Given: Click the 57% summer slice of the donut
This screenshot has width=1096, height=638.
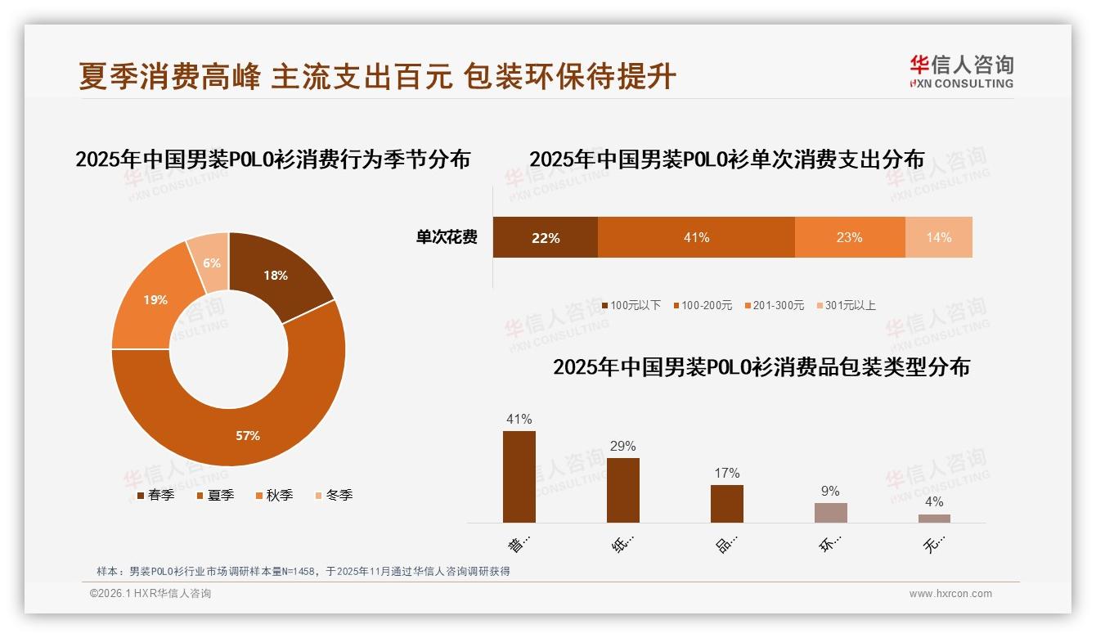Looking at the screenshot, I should point(245,425).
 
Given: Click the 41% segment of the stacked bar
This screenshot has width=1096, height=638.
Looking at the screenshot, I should point(696,237).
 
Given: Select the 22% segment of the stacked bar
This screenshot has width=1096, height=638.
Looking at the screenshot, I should point(545,237).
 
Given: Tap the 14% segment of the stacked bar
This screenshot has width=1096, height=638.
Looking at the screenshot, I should point(939,237).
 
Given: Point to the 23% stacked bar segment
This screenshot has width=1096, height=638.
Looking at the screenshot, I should point(850,237).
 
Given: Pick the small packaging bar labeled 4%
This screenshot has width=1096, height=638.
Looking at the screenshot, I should point(934,518).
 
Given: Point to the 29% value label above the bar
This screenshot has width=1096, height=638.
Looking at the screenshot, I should point(622,447).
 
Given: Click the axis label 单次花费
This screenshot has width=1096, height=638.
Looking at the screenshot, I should point(447,237).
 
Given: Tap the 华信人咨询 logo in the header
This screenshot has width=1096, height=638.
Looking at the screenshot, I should point(961,71).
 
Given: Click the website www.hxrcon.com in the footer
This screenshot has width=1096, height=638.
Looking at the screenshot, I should point(950,594).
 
